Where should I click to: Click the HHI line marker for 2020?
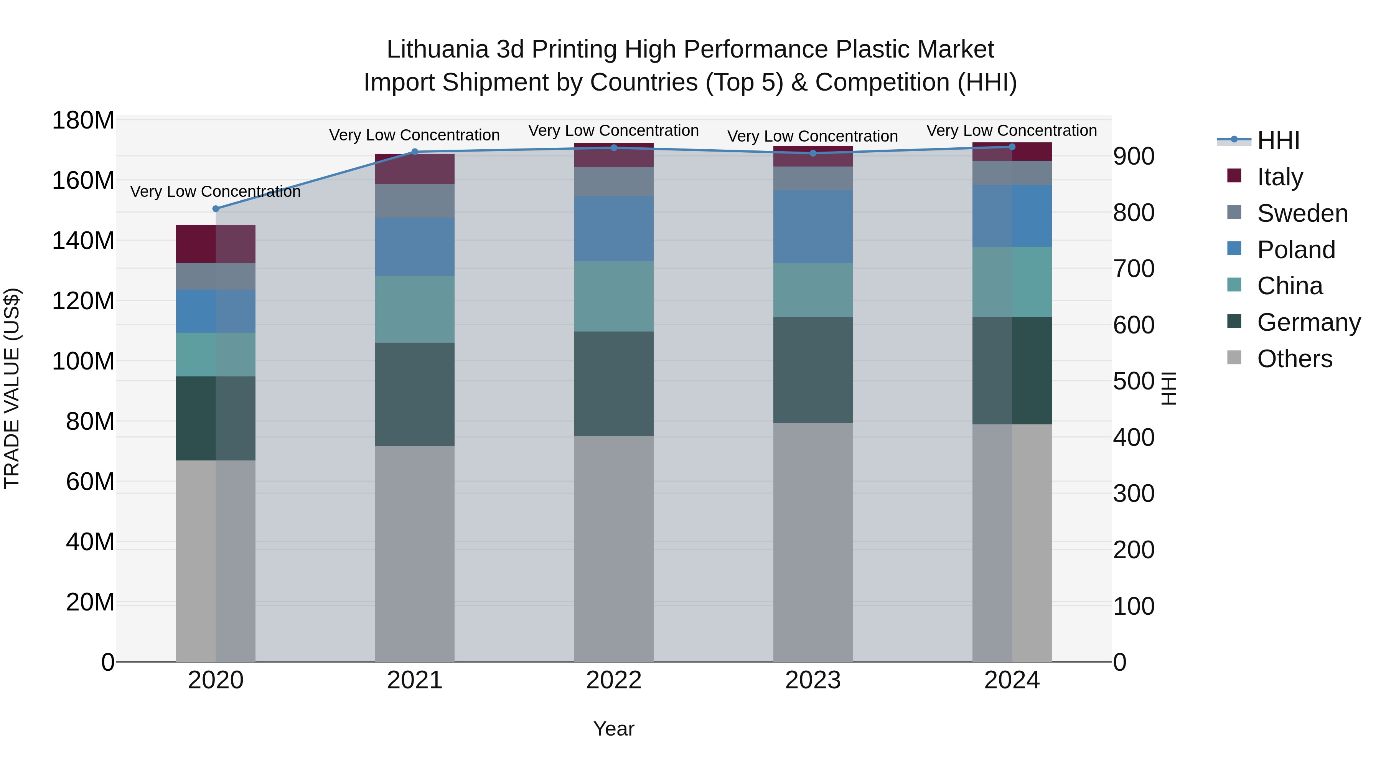tap(216, 209)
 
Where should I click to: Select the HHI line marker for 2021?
tap(414, 152)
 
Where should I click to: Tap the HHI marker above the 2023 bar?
tap(813, 153)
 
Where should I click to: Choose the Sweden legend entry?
tap(1302, 213)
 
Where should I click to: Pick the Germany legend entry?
tap(1308, 322)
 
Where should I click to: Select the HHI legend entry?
tap(1277, 140)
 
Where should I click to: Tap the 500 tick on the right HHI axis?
tap(1133, 381)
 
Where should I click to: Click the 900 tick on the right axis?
tap(1133, 156)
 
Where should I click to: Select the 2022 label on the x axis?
tap(613, 680)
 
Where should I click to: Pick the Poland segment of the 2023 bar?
tap(813, 226)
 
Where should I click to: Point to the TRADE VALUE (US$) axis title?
tap(12, 388)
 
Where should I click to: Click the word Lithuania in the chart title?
tap(437, 49)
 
